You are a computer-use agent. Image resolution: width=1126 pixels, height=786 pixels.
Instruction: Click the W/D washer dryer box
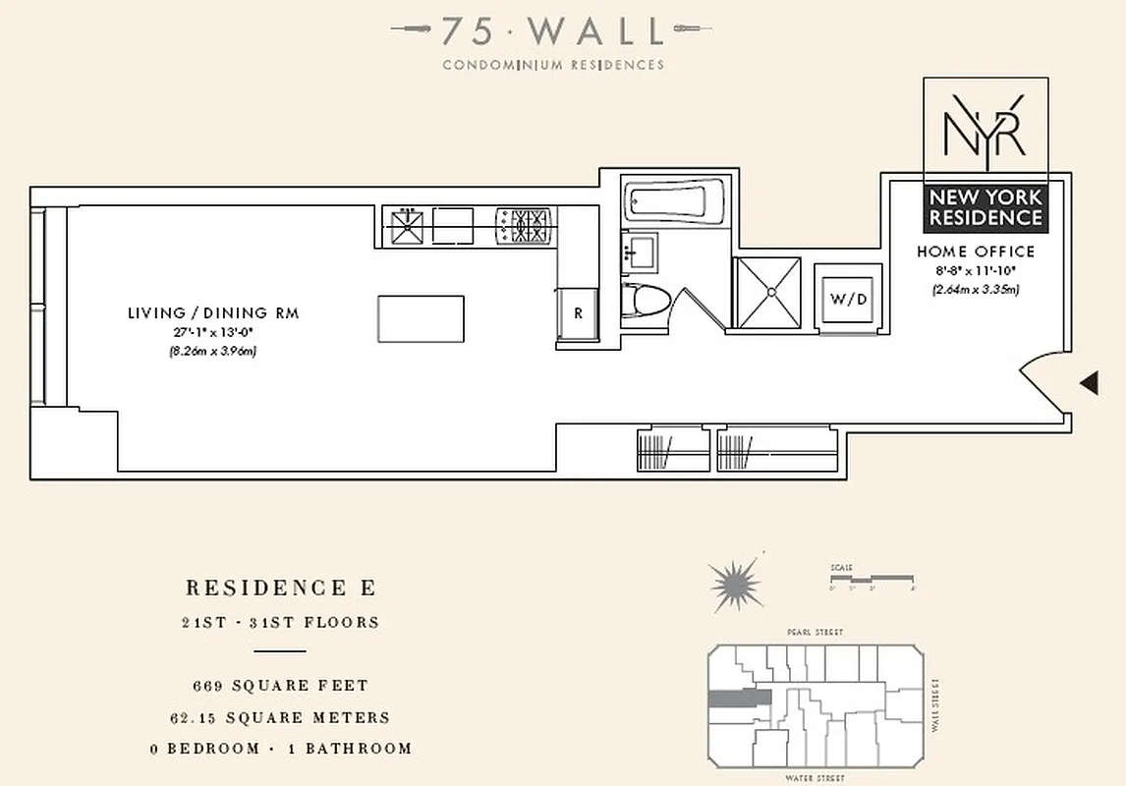[848, 299]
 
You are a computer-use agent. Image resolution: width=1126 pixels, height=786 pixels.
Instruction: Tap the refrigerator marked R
[578, 314]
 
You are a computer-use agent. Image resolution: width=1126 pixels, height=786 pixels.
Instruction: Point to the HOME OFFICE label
[975, 252]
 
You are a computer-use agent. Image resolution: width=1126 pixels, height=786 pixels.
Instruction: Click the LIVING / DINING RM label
[212, 313]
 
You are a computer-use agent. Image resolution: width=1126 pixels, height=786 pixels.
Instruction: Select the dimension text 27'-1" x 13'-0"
[212, 332]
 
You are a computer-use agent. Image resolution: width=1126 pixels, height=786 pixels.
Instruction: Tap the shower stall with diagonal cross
[768, 292]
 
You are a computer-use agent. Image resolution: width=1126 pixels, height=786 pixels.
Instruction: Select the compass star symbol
[737, 585]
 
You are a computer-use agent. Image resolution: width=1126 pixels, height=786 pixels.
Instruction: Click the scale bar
[872, 578]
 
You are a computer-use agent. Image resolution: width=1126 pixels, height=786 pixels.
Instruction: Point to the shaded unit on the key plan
[740, 698]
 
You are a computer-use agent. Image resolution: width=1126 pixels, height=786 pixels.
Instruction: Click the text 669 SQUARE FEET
[280, 685]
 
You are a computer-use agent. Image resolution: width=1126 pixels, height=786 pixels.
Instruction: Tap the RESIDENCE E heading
[280, 589]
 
